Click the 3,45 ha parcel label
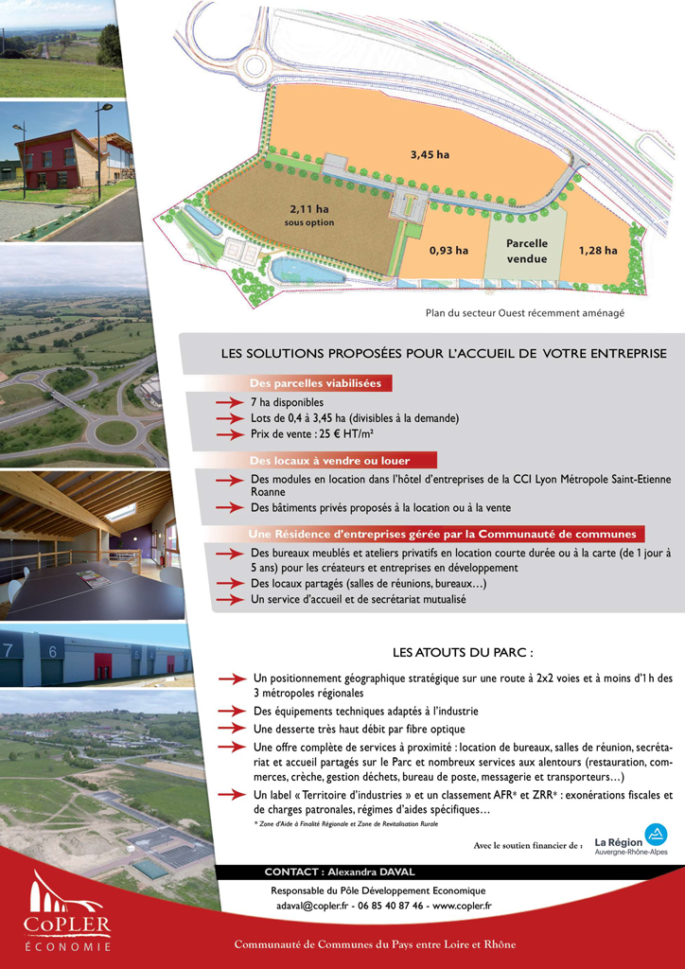(x=430, y=153)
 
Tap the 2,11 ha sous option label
(x=309, y=215)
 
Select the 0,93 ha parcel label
(x=448, y=251)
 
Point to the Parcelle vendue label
(x=527, y=251)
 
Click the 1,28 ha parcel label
(x=597, y=251)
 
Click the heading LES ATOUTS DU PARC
(x=463, y=652)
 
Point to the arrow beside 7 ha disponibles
(x=230, y=402)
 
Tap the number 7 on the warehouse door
(x=9, y=650)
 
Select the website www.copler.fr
(x=462, y=906)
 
